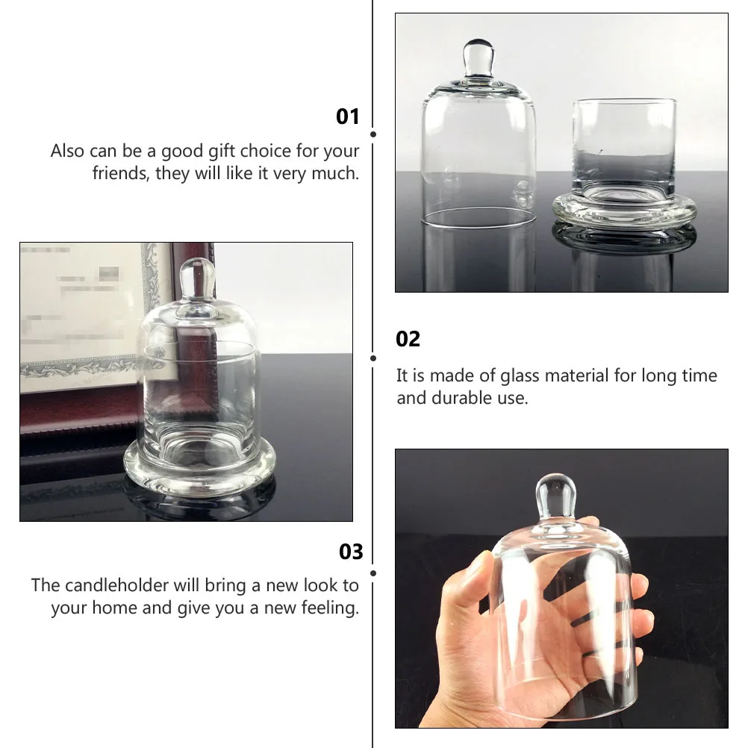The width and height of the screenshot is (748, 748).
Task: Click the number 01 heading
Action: pyautogui.click(x=348, y=116)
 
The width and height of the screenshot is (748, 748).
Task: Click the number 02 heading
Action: pyautogui.click(x=408, y=339)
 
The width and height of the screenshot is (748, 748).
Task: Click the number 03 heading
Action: pyautogui.click(x=350, y=552)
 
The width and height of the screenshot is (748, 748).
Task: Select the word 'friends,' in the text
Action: pyautogui.click(x=120, y=173)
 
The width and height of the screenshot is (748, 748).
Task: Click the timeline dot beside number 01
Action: pyautogui.click(x=373, y=134)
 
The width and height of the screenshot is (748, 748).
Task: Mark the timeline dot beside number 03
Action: pyautogui.click(x=373, y=573)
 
